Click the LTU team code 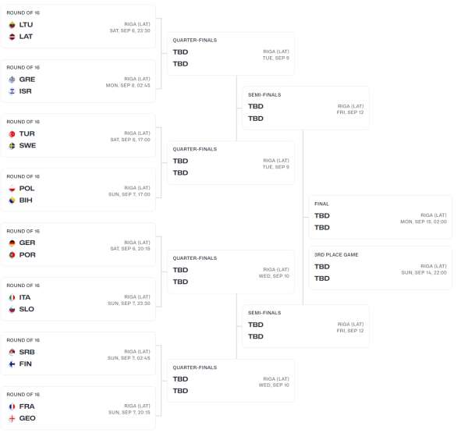tap(26, 25)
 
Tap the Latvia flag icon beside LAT tap(12, 37)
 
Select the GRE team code tap(27, 80)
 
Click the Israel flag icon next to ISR tap(12, 91)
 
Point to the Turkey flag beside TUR tap(12, 134)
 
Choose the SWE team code tap(27, 146)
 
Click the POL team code tap(27, 189)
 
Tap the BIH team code tap(26, 201)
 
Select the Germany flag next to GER tap(12, 243)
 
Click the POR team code tap(27, 255)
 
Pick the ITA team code tap(25, 297)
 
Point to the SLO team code tap(27, 310)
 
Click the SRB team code tap(27, 352)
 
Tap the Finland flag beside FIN tap(12, 364)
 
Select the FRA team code tap(27, 406)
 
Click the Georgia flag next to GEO tap(12, 419)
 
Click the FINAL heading tap(321, 204)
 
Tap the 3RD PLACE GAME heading tap(336, 254)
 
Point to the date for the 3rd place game tap(424, 272)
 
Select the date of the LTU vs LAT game tap(129, 30)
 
